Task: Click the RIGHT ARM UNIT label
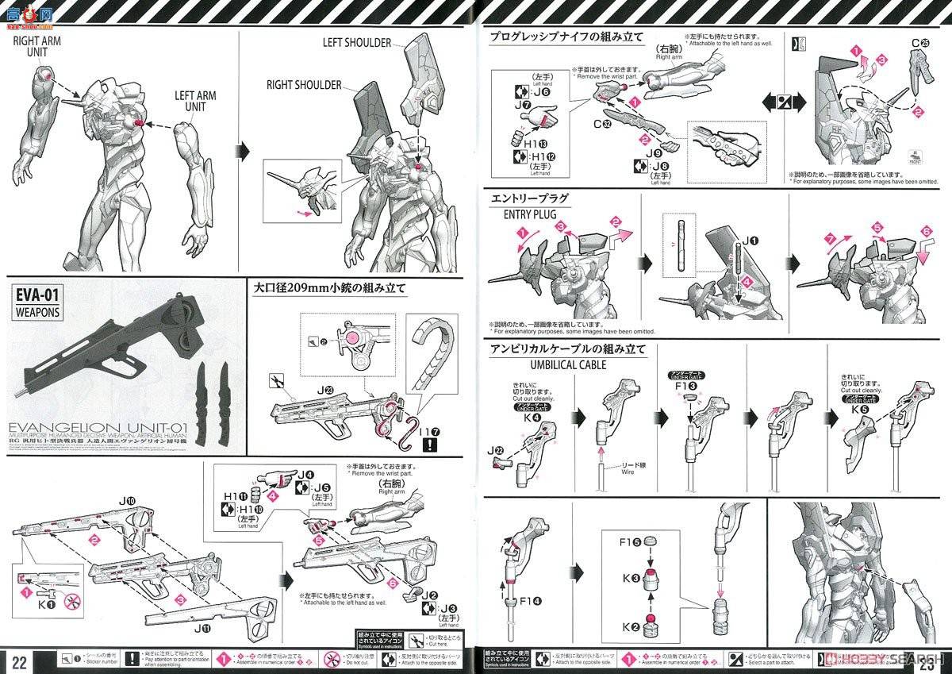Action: point(36,45)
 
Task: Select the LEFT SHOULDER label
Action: point(357,43)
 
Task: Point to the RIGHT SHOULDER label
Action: point(304,85)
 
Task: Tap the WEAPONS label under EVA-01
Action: point(36,312)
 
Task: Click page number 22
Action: point(20,661)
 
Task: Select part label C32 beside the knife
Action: point(605,125)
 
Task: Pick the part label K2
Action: point(631,627)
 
